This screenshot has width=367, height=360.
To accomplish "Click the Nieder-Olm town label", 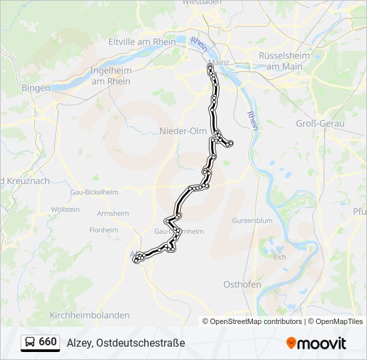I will tap(183, 131).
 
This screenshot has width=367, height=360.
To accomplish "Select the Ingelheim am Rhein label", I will tap(110, 75).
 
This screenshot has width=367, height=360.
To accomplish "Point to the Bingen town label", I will tap(35, 87).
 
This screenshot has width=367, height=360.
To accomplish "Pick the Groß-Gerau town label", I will tap(320, 124).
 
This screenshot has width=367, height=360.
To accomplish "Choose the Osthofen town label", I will tap(242, 284).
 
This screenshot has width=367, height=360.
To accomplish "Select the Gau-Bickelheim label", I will tap(94, 192).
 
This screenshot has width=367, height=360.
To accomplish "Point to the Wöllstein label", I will tap(65, 209).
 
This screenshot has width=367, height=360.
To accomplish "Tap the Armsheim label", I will tap(112, 213).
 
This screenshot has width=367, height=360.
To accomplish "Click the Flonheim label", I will tap(103, 229).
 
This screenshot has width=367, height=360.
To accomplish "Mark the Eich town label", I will tap(280, 256).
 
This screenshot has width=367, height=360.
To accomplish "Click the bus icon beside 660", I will tap(30, 343).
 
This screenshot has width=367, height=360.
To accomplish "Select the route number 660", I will tap(48, 342).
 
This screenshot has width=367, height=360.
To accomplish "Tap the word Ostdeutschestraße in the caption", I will tap(140, 343).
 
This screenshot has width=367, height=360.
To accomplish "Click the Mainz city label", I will tap(219, 62).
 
